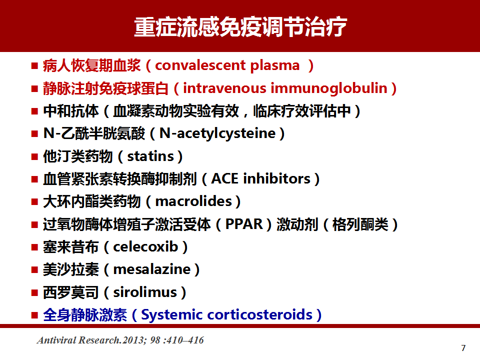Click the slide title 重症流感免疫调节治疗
click(x=240, y=27)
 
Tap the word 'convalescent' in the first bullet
click(x=200, y=65)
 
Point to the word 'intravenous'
click(x=224, y=88)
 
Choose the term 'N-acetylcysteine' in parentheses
click(x=217, y=134)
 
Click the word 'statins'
click(x=150, y=156)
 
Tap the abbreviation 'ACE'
click(x=225, y=179)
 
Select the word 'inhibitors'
click(x=276, y=179)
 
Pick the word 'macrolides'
click(x=193, y=201)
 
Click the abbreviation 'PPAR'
click(x=244, y=224)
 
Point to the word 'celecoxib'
click(x=145, y=246)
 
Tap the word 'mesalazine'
click(x=152, y=269)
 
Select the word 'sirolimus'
click(x=145, y=292)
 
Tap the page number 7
click(x=463, y=348)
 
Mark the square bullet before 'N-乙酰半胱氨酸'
click(x=34, y=134)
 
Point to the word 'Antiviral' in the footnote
click(x=56, y=340)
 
